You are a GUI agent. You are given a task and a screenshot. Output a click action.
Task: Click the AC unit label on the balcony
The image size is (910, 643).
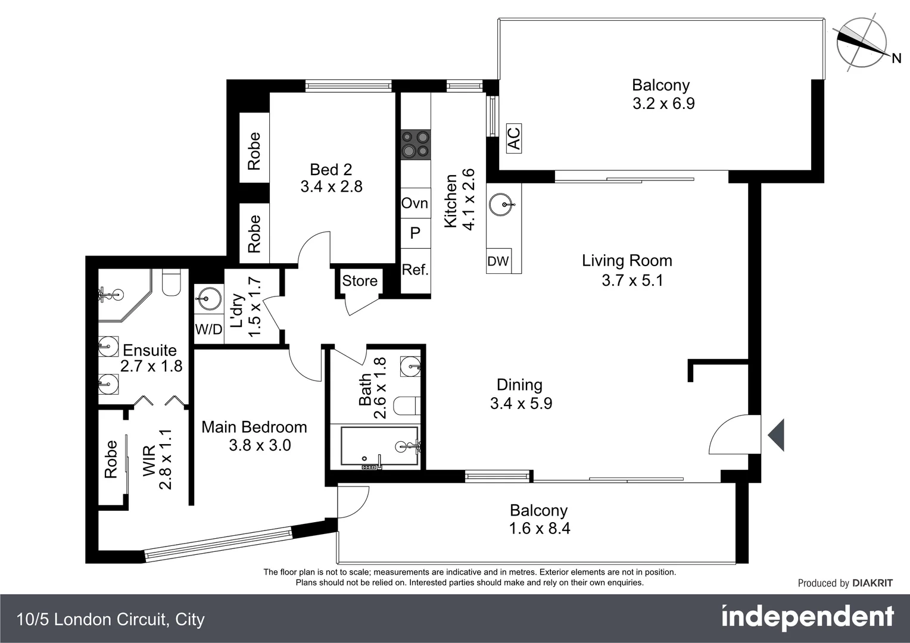(x=513, y=138)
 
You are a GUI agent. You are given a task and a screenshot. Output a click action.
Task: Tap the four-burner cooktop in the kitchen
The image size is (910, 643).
(x=415, y=145)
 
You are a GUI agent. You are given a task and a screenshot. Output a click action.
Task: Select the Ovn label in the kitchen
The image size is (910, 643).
(x=415, y=203)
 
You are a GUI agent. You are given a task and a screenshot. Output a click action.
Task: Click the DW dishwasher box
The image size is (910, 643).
(x=498, y=261)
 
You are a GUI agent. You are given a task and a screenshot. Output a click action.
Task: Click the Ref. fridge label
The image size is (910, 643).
(x=415, y=270)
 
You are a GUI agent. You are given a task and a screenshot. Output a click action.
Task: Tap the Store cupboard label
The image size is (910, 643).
(x=360, y=280)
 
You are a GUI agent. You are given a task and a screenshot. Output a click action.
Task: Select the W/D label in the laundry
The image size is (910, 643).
(x=208, y=329)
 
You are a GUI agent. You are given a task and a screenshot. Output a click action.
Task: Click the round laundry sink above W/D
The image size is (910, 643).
(x=207, y=296)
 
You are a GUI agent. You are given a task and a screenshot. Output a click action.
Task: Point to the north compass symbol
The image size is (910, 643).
(x=862, y=43)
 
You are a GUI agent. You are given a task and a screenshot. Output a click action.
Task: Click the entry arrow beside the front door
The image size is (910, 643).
(x=776, y=435)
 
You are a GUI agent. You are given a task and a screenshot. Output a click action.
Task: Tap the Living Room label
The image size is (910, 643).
(x=627, y=261)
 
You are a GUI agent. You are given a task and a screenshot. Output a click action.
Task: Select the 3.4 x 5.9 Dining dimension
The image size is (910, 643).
(x=521, y=404)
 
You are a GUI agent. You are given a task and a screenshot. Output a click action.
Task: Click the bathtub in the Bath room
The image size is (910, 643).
(x=379, y=446)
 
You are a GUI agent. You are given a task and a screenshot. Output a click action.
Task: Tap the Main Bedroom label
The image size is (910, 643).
(x=254, y=427)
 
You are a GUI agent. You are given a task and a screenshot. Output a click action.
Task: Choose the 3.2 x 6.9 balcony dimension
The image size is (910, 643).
(x=663, y=104)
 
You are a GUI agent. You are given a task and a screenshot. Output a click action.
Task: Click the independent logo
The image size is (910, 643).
(x=807, y=617)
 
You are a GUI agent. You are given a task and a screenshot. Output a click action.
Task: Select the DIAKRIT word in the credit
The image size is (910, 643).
(x=872, y=583)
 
